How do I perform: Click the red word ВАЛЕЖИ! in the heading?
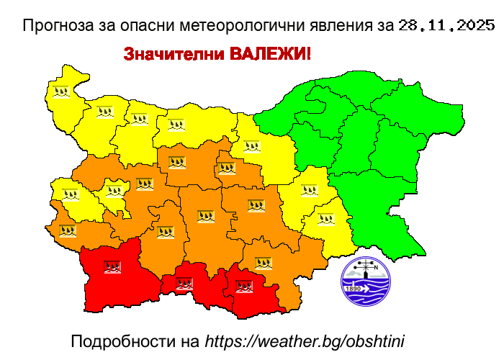(x=270, y=55)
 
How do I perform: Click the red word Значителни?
(x=174, y=55)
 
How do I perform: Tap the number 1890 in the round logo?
(x=354, y=289)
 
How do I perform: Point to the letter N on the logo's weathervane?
(x=375, y=266)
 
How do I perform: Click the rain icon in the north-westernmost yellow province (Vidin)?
(x=61, y=92)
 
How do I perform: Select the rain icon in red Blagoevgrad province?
(x=112, y=267)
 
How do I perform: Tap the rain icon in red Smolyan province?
(x=184, y=284)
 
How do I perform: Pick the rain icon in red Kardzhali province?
(x=244, y=287)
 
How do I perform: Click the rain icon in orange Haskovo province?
(x=264, y=263)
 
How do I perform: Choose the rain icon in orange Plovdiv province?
(x=206, y=216)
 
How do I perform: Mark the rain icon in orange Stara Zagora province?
(x=256, y=205)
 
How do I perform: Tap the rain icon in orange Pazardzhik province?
(x=166, y=232)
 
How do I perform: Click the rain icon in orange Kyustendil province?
(x=68, y=230)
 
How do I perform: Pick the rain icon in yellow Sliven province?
(x=309, y=191)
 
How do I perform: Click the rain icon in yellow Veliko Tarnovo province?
(x=251, y=147)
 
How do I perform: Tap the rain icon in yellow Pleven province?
(x=176, y=125)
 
